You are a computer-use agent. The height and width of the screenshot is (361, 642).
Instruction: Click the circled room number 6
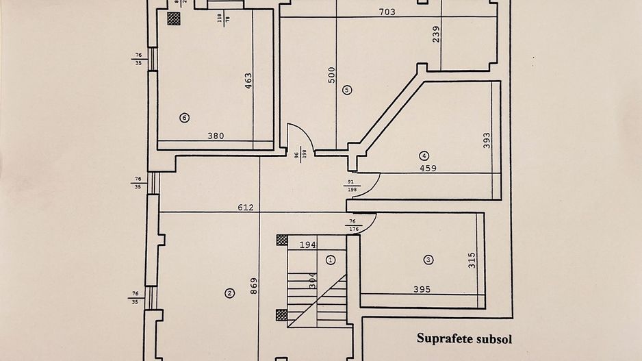(x=184, y=118)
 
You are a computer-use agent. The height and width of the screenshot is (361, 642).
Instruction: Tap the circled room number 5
(x=347, y=89)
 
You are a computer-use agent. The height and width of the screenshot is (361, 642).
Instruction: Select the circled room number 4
(x=424, y=155)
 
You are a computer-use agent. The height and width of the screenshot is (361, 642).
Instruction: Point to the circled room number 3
(x=428, y=260)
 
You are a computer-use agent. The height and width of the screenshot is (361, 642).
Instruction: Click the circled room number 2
(x=229, y=294)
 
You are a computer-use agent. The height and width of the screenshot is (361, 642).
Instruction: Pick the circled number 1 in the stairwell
(x=331, y=260)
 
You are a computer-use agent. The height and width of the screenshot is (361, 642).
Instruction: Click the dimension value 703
(x=387, y=12)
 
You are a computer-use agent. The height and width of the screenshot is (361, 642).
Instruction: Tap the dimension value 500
(x=332, y=75)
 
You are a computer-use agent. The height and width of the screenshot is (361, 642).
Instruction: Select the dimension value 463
(x=248, y=82)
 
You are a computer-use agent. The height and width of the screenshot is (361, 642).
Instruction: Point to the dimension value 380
(x=216, y=136)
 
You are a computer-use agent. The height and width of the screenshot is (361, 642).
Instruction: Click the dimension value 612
(x=246, y=208)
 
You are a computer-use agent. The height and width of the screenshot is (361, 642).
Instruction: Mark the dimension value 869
(x=254, y=286)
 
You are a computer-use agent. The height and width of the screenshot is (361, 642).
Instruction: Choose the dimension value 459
(x=428, y=168)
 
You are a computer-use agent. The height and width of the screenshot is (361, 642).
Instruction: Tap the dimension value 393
(x=487, y=141)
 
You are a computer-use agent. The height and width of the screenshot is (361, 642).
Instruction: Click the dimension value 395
(x=422, y=290)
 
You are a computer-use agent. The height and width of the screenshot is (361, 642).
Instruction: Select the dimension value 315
(x=472, y=261)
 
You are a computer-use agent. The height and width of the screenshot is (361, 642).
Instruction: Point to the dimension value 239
(x=436, y=34)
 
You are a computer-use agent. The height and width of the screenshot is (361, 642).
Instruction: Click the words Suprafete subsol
(x=465, y=338)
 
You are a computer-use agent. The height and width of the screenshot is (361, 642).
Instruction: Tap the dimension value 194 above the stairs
(x=307, y=244)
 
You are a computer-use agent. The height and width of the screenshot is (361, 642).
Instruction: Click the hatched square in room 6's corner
(x=175, y=18)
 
